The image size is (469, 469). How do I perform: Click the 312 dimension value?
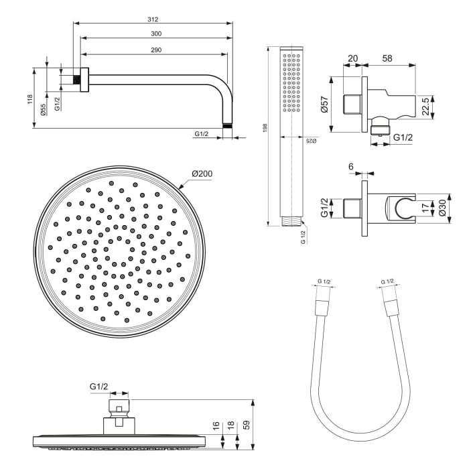(153, 19)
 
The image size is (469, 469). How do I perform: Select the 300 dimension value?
(156, 33)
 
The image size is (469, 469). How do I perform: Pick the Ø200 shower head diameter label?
(202, 174)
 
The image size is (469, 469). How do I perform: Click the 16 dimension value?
(215, 425)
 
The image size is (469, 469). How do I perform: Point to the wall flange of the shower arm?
(82, 80)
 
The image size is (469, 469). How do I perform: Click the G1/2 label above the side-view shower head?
(99, 387)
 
